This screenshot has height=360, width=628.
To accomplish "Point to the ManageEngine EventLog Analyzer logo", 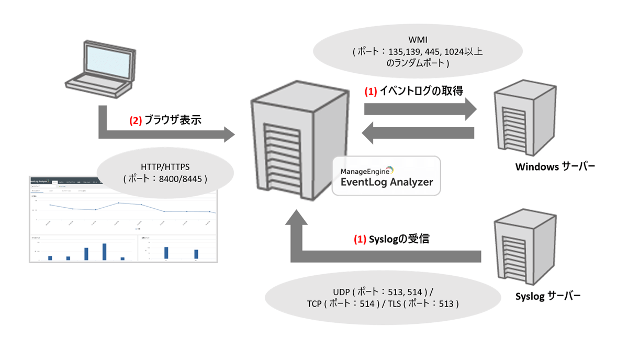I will coord(386,176).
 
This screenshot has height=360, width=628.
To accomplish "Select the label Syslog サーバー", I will coord(548,296).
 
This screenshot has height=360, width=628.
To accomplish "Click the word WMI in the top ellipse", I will coord(417,40).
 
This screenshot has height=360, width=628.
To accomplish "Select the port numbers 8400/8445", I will coord(184,178).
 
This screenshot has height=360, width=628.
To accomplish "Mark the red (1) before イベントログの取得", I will coord(371,91).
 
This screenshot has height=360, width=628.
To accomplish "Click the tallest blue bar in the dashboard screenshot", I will coord(104,251).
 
